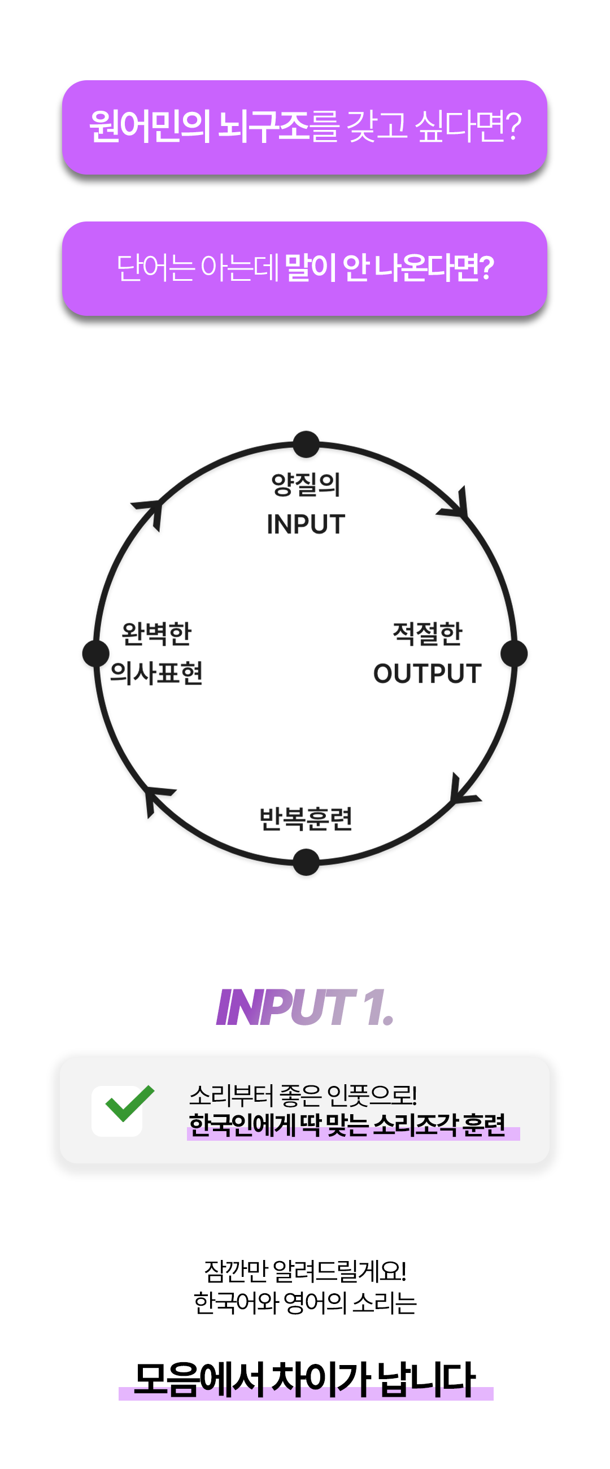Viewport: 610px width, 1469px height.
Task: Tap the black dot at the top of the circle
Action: coord(306,444)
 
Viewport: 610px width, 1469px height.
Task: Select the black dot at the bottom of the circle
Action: coord(306,862)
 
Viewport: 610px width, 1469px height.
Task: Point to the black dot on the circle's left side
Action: coord(96,653)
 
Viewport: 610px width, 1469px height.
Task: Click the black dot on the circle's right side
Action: coord(514,654)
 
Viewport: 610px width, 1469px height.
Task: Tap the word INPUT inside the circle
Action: coord(306,524)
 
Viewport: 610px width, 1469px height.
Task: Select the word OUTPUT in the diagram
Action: coord(427,673)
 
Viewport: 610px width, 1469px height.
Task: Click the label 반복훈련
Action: coord(306,819)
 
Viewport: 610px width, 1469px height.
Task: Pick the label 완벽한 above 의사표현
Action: coord(157,633)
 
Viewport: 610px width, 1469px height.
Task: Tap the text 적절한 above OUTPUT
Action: coord(428,633)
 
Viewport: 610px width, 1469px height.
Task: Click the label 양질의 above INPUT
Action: coord(306,485)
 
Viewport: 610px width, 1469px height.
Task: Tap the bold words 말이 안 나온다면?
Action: coord(389,267)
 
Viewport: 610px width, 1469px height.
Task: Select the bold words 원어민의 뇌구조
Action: coord(199,126)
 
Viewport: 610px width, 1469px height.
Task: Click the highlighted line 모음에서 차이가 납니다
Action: coord(305,1380)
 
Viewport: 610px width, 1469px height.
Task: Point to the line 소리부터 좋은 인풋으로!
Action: coord(303,1095)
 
